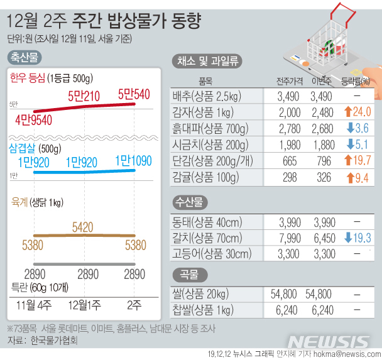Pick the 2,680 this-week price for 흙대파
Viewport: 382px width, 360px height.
tap(322, 129)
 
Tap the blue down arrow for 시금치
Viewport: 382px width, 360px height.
tap(349, 145)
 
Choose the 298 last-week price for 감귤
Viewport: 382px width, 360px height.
tap(290, 177)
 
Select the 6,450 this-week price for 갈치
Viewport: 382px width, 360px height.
tap(322, 237)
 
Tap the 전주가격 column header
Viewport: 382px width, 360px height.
tap(290, 81)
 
